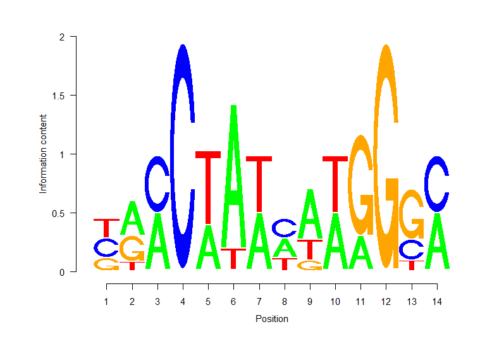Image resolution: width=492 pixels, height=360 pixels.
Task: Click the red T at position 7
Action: coord(259,183)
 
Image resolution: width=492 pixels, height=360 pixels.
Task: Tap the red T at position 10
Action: coord(335,183)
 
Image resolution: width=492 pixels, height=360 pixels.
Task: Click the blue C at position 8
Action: coord(284,227)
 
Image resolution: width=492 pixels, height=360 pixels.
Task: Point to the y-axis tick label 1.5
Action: coord(58,96)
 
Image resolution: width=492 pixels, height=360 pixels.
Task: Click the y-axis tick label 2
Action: coord(62,37)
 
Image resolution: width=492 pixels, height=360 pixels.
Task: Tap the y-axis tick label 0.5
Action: coord(58,213)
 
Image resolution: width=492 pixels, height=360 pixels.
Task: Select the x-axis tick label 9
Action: coord(309,302)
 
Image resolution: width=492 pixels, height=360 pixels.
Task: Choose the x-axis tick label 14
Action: coord(436,302)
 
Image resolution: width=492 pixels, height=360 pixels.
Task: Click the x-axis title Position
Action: coord(271,319)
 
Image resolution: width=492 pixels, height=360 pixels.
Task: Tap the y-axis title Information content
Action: coord(43,154)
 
